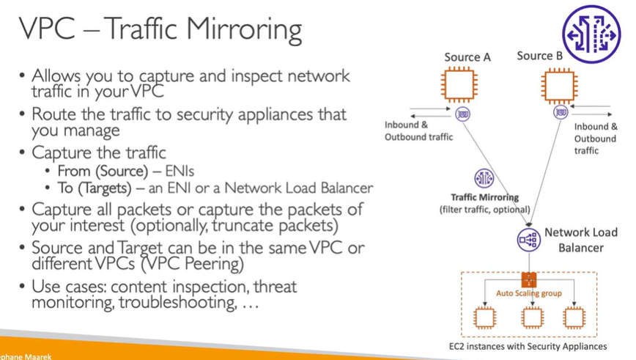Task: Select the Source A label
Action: (467, 56)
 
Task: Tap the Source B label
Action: (540, 56)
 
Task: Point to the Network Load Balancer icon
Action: (528, 239)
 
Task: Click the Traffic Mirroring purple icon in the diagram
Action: (484, 178)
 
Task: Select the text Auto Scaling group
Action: (529, 293)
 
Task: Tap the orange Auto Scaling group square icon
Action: (529, 279)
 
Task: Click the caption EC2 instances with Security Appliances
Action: (528, 346)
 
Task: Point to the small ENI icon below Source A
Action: (463, 114)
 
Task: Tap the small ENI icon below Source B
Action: (561, 112)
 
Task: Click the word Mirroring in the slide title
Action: (244, 30)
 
